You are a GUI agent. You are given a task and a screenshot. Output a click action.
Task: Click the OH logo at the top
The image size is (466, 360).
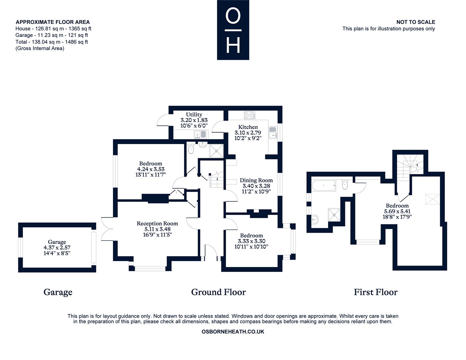(233, 30)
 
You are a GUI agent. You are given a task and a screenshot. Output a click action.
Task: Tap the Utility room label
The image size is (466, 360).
(194, 114)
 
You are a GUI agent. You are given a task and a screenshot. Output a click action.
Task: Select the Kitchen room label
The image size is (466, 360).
(248, 127)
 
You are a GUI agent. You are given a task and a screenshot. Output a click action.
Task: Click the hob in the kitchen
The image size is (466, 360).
(249, 115)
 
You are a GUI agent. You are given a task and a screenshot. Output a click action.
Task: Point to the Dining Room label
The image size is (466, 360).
(256, 180)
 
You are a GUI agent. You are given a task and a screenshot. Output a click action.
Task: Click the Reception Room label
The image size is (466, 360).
(157, 223)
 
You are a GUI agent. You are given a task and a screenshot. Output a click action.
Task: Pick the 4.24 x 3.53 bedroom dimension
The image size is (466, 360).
(150, 169)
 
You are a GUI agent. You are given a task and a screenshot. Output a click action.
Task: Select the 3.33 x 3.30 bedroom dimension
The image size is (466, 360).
(251, 241)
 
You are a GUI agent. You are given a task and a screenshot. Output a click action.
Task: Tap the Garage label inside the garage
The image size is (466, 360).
(57, 242)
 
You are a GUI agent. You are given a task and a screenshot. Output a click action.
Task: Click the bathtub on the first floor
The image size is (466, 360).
(324, 185)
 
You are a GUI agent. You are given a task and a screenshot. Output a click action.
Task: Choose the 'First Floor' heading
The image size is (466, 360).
(376, 292)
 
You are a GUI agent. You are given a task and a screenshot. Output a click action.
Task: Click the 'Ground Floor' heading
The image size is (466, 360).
(218, 292)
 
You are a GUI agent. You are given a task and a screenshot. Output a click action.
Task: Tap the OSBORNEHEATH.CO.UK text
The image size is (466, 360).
(233, 332)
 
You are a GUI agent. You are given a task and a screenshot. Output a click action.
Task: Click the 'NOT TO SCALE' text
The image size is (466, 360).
(415, 22)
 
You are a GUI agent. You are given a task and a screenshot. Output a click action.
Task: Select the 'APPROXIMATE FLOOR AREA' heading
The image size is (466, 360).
(53, 22)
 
